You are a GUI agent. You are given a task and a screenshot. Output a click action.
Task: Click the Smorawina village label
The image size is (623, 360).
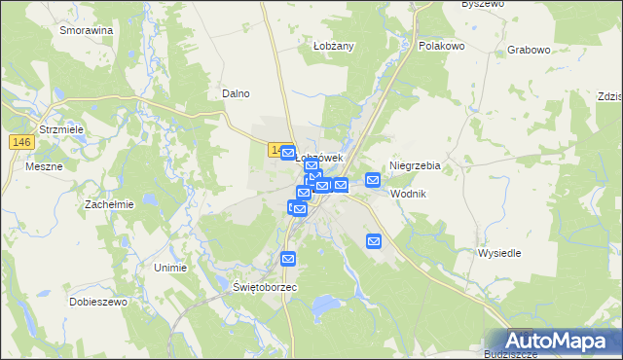point(86,30)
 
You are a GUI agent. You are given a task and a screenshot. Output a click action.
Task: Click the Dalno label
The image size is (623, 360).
point(237,93)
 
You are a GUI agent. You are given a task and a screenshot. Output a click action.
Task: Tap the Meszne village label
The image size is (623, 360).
point(45,166)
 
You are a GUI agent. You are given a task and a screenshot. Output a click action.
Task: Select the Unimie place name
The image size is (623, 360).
point(171,267)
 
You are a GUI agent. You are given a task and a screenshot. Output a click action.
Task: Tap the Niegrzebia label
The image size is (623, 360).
point(415,165)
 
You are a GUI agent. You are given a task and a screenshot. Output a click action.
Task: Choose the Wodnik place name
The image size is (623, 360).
point(408,194)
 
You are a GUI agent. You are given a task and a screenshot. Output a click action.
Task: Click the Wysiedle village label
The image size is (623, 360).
point(499,253)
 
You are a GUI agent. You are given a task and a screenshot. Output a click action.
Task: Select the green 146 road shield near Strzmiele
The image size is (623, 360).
point(23,142)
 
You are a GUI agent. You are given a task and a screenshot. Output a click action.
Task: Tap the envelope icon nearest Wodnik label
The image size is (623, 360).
point(373,179)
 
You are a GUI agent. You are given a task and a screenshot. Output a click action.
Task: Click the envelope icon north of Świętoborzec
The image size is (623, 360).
point(288,258)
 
